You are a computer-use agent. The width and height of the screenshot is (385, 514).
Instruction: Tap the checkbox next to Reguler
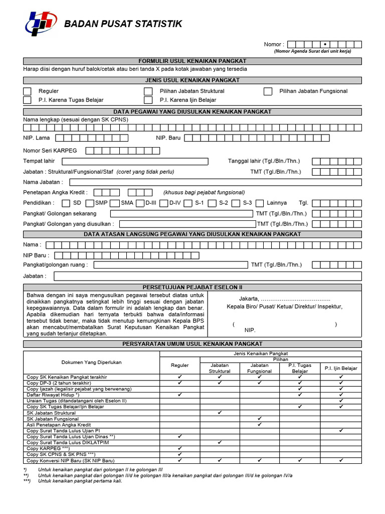[x=27, y=91]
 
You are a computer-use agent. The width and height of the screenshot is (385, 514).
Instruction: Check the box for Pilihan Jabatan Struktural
[x=148, y=91]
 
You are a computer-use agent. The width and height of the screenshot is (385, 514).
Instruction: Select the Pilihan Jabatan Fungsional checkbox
[x=268, y=91]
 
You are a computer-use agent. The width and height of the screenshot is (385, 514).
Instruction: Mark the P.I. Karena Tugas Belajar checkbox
[x=27, y=100]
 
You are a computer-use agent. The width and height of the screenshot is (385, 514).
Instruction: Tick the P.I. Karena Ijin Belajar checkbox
[x=148, y=100]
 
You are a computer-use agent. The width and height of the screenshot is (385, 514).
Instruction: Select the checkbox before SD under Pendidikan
[x=66, y=203]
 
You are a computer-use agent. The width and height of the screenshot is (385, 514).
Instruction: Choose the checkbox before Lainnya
[x=259, y=203]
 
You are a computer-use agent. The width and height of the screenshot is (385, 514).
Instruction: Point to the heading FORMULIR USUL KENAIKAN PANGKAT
[x=192, y=61]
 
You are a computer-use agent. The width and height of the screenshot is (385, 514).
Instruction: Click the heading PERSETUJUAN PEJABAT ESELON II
[x=192, y=287]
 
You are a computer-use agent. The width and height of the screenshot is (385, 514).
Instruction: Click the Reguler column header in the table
[x=180, y=365]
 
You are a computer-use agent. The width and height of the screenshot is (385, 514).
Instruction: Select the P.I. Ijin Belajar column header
[x=341, y=368]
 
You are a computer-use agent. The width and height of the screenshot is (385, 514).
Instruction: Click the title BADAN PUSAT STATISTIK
[x=123, y=24]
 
